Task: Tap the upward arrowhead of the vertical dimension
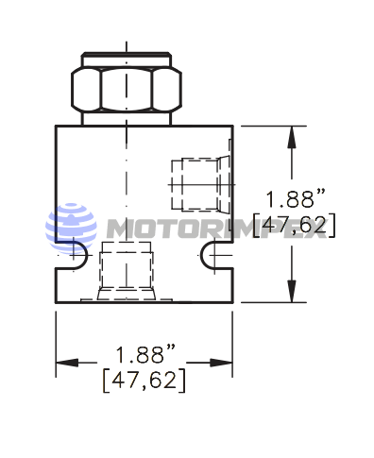tap(292, 137)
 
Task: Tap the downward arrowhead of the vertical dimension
tap(292, 291)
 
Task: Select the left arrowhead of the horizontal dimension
tap(67, 363)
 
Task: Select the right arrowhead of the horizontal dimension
tap(221, 363)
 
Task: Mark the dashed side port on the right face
tap(201, 184)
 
